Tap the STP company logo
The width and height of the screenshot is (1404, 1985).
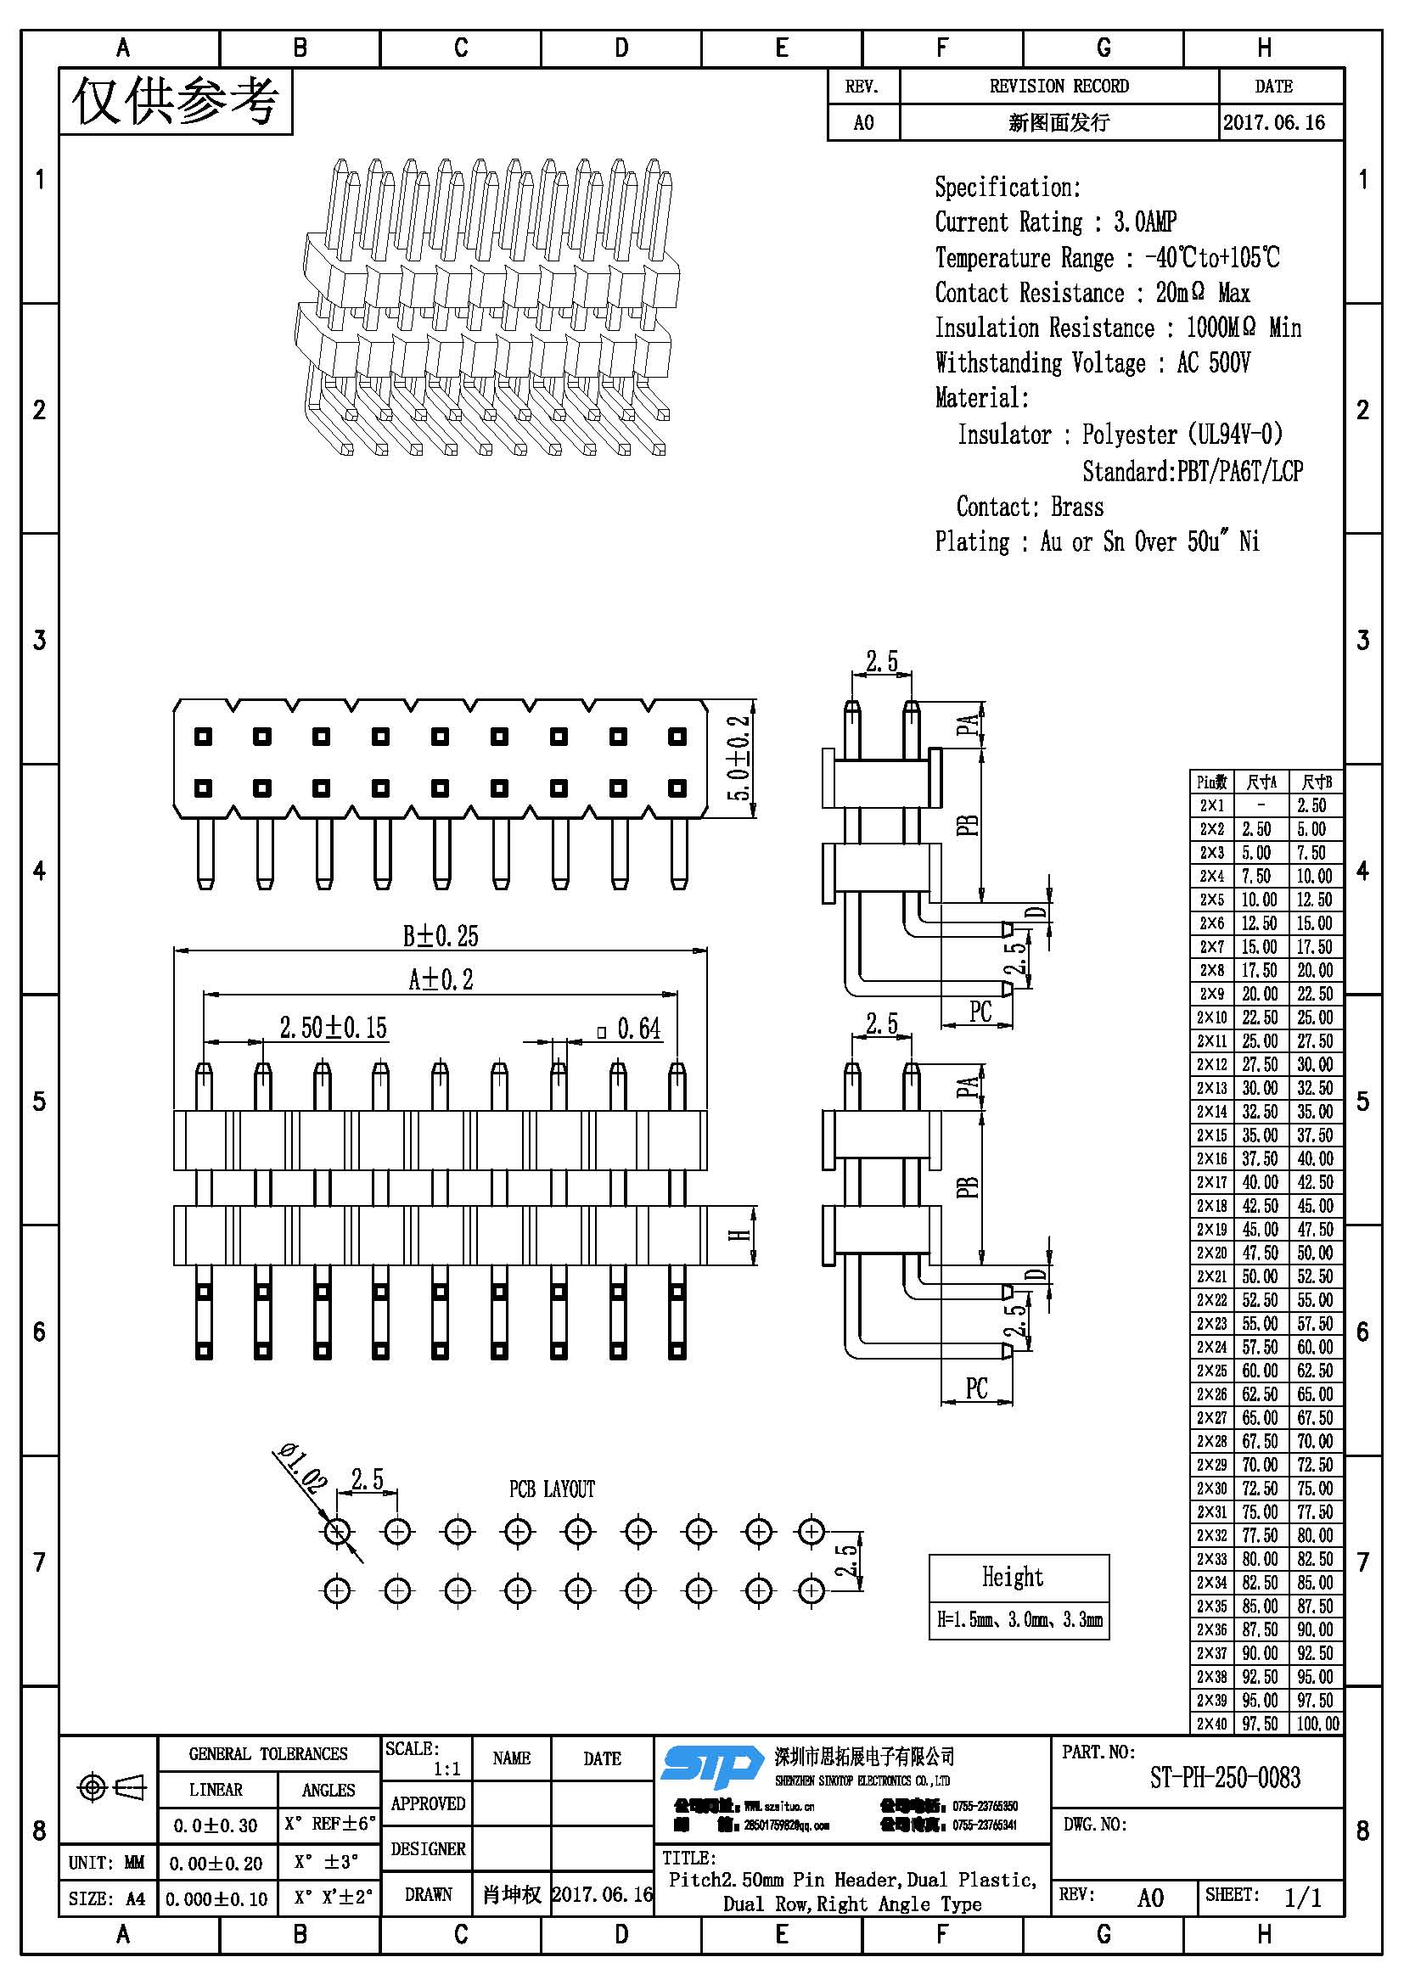coord(711,1766)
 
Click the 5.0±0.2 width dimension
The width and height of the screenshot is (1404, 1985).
coord(739,758)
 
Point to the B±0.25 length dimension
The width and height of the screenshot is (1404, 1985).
coord(440,935)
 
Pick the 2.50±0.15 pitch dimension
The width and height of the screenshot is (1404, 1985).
coord(333,1028)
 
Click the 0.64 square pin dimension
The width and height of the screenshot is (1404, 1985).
coord(630,1029)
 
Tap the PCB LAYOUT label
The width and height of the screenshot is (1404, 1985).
coord(552,1489)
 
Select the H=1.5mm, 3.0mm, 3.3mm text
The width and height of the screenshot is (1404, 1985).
coord(1019,1619)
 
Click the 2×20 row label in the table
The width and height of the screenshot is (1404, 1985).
coord(1211,1253)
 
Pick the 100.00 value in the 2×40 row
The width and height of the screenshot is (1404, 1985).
coord(1317,1723)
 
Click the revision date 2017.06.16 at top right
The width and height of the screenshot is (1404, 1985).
coord(1273,123)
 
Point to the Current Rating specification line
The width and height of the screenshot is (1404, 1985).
coord(1055,222)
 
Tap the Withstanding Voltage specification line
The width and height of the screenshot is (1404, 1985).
coord(1092,362)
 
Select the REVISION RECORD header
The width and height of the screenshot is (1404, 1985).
coord(1059,87)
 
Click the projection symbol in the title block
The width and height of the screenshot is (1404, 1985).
coord(111,1786)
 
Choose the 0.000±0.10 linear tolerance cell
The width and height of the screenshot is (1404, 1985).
coord(216,1898)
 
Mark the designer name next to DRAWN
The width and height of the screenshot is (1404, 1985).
coord(512,1894)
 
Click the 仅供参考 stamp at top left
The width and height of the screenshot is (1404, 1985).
coord(176,102)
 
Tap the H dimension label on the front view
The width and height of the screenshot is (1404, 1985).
coord(741,1236)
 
